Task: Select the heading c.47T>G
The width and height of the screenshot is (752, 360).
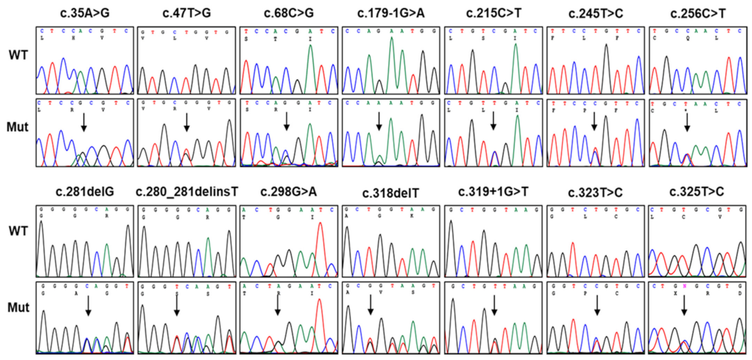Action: [x=185, y=13]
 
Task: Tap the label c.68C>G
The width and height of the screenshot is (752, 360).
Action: [x=287, y=13]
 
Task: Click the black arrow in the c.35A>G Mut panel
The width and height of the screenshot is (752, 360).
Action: [x=84, y=121]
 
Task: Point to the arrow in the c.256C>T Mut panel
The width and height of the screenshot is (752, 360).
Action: [x=687, y=121]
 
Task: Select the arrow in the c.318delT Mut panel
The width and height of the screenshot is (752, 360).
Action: [x=370, y=304]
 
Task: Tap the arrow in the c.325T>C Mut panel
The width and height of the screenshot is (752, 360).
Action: [x=684, y=304]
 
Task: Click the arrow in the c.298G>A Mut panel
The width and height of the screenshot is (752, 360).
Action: [x=277, y=304]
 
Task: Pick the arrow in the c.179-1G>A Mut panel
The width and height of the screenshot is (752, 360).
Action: [x=379, y=121]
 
